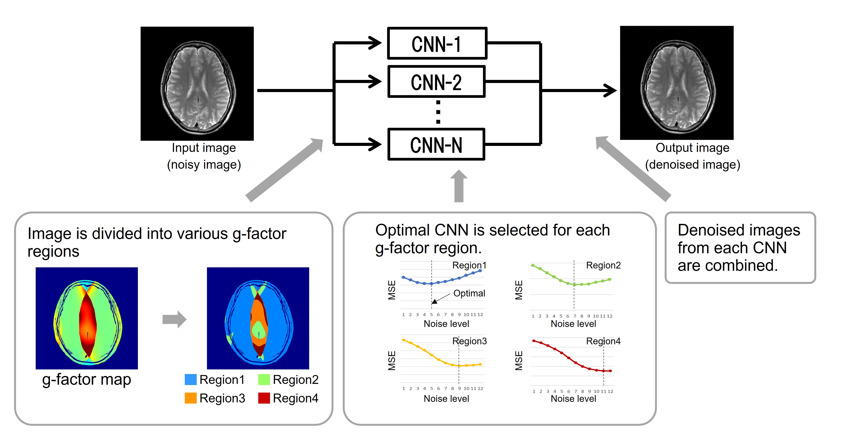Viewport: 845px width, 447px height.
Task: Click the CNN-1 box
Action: [437, 43]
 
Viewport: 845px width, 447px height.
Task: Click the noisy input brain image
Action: [197, 84]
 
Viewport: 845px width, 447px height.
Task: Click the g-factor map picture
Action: [87, 318]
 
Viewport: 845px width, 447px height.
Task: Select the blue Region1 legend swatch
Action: [191, 379]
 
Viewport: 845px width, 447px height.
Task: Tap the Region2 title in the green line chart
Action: [603, 265]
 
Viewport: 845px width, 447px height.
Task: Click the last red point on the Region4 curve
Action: [610, 371]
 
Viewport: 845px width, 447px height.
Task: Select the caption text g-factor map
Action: [87, 379]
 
